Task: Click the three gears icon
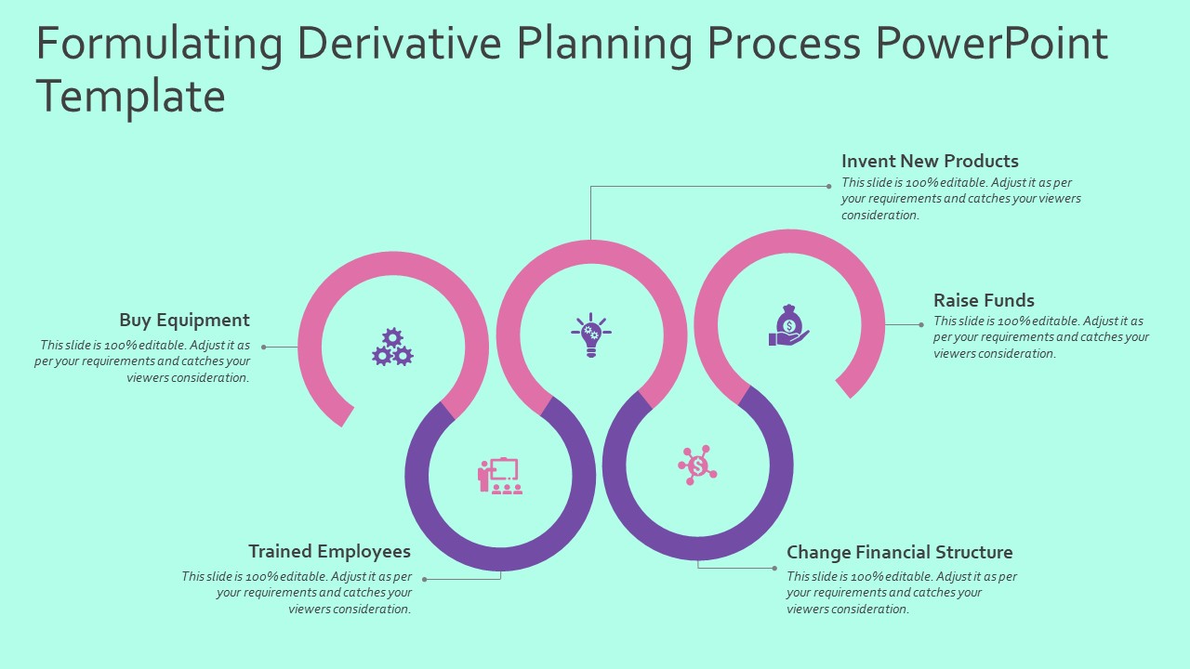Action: tap(392, 348)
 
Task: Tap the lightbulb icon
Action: tap(591, 334)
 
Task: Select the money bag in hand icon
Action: tap(788, 326)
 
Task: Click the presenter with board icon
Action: tap(500, 476)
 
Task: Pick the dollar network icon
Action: tap(697, 465)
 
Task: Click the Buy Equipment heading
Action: tap(184, 321)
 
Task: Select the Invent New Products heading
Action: tap(930, 161)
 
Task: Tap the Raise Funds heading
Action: tap(984, 300)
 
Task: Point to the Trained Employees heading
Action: tap(329, 552)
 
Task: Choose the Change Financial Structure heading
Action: tap(899, 552)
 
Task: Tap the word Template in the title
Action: tap(130, 96)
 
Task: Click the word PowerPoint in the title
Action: tap(992, 44)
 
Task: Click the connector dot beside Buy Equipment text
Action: tap(264, 348)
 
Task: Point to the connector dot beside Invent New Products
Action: tap(829, 187)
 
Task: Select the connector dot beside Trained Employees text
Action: tap(425, 579)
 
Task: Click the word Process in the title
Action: tap(784, 44)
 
